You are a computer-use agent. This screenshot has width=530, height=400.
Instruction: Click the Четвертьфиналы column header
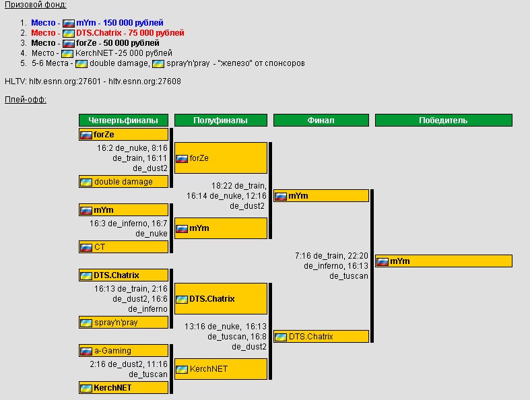(123, 121)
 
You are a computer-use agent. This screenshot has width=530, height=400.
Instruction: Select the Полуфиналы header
(220, 121)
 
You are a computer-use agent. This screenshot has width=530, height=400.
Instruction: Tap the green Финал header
(321, 121)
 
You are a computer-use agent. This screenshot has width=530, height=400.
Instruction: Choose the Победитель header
(443, 121)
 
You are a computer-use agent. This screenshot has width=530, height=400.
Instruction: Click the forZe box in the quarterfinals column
(123, 135)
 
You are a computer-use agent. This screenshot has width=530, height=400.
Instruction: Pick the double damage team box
(123, 182)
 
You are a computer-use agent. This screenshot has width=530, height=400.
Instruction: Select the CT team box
(123, 247)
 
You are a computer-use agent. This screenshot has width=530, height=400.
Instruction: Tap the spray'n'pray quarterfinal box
(123, 323)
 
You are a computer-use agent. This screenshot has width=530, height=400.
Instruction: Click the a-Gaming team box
(123, 351)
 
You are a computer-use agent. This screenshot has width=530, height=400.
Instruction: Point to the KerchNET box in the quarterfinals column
(123, 388)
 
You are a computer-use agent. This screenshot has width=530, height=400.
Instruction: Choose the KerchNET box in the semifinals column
(220, 369)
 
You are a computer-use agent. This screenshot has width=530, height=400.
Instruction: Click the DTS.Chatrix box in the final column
(321, 337)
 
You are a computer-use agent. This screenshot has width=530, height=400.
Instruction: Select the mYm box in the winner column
(443, 261)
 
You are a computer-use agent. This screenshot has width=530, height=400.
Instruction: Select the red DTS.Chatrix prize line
(108, 32)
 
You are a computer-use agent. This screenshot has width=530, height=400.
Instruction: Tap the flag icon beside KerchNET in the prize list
(67, 53)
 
